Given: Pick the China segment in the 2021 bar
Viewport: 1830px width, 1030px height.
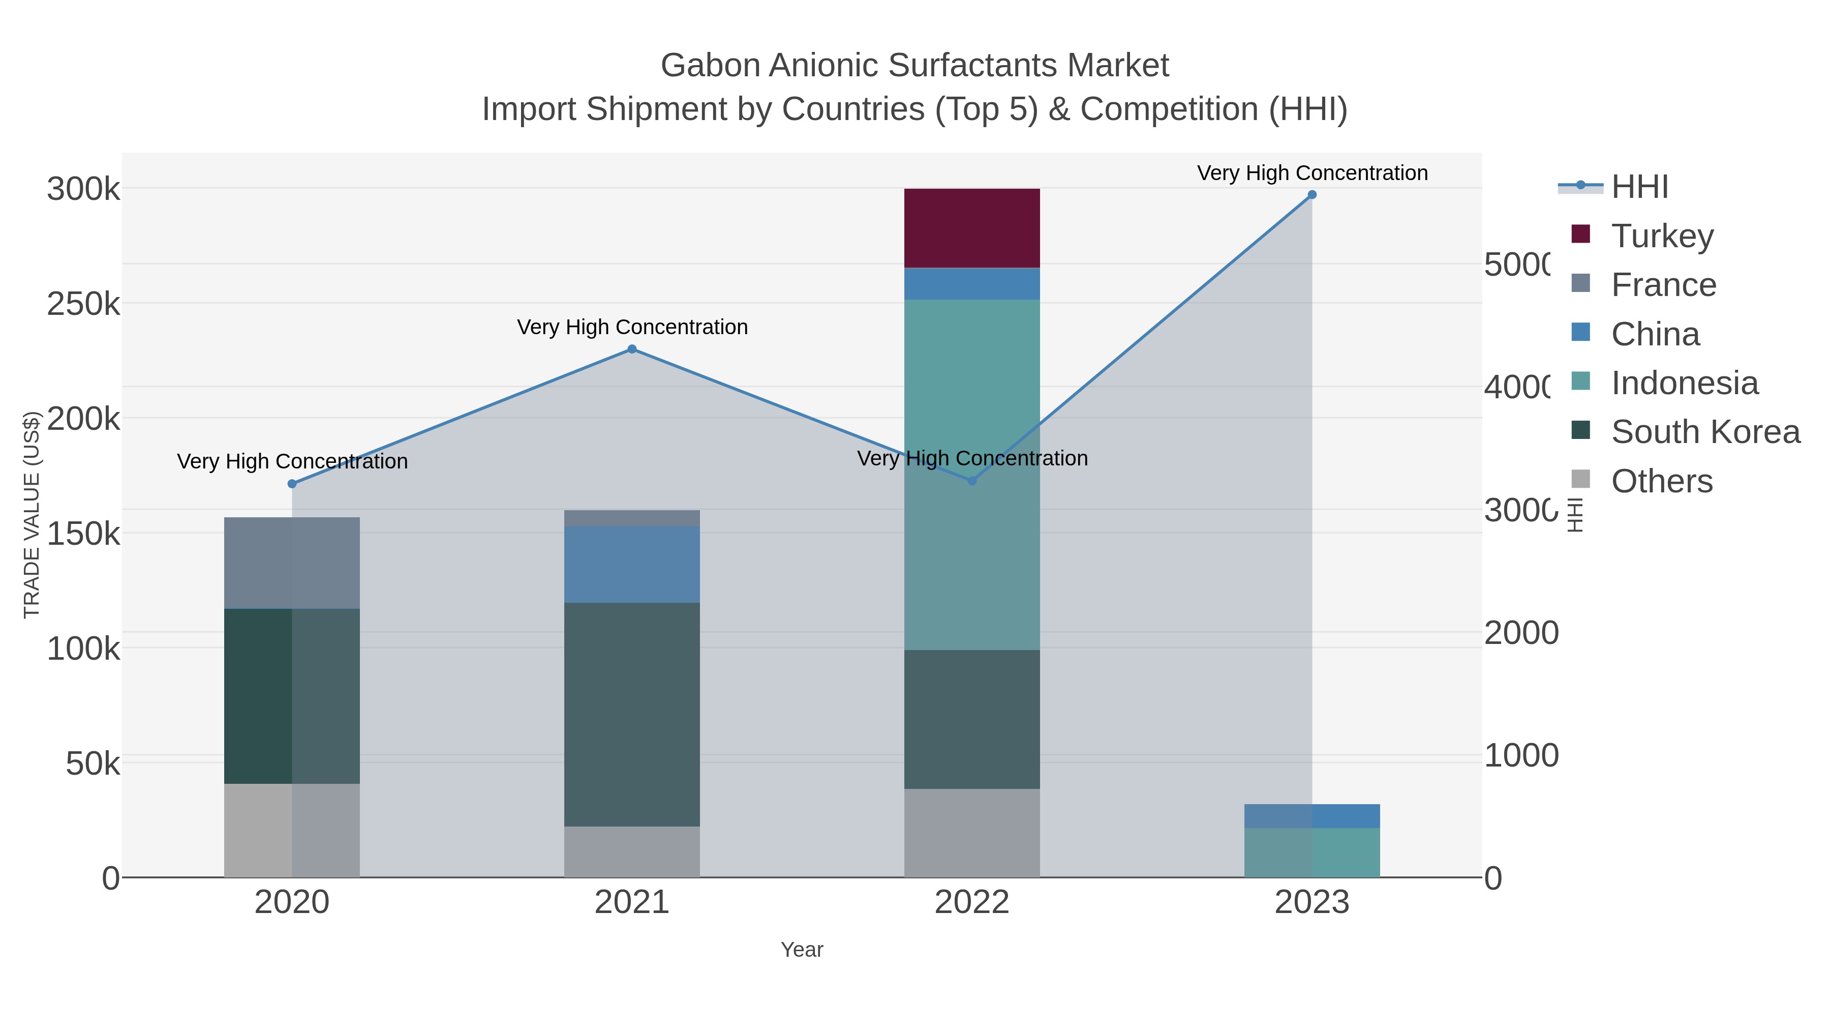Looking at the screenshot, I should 631,565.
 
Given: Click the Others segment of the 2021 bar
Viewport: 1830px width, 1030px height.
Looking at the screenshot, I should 631,851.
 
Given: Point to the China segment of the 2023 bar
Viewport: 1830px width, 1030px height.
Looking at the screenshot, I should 1311,815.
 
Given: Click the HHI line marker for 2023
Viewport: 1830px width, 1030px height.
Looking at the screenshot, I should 1311,195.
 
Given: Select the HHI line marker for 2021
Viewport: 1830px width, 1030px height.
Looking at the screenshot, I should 631,349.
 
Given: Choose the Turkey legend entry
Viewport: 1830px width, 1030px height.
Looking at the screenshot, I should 1662,236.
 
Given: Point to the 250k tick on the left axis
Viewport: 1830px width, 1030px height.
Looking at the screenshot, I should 83,304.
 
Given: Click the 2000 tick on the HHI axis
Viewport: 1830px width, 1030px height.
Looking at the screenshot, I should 1521,633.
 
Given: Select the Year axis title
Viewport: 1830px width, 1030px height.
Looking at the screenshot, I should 801,950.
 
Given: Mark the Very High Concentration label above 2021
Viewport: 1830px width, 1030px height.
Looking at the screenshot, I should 631,327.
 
